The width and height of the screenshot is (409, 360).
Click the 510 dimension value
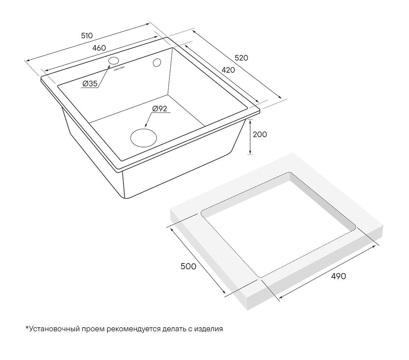coord(87,36)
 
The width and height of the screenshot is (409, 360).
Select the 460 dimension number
coord(99,48)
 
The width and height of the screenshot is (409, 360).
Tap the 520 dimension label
coord(241,58)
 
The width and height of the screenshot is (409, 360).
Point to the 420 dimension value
coord(228,70)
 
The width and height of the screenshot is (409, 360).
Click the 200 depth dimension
coord(260,134)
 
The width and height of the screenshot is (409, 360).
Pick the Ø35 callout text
coord(90,84)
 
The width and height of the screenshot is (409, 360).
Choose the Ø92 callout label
coord(160,109)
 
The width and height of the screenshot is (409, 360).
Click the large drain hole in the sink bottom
coord(143,138)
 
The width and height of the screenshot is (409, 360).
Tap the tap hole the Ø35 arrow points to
coord(113,61)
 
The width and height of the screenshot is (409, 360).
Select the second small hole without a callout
coord(157,62)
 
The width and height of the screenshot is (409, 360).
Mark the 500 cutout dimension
coord(188,267)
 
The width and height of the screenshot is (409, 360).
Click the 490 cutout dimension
coord(338,276)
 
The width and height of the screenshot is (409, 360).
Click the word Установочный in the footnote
coord(54,329)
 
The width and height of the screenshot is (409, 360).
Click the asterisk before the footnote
coord(27,327)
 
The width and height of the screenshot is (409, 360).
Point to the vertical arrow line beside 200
coord(250,137)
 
